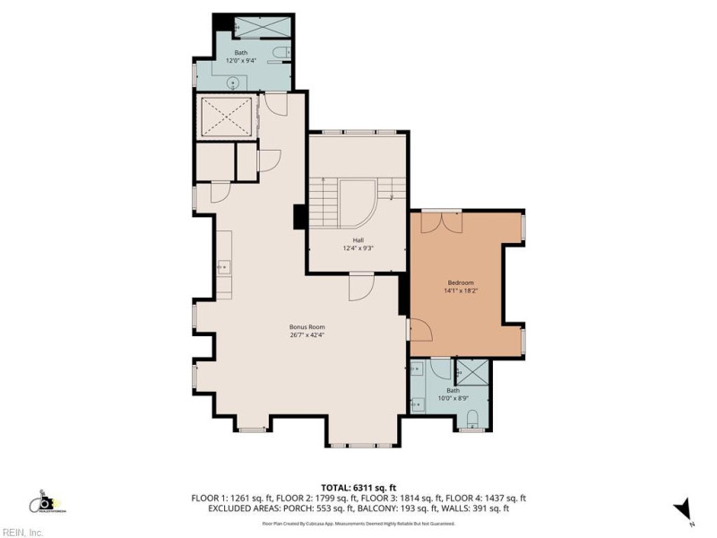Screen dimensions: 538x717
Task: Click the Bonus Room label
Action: [307, 327]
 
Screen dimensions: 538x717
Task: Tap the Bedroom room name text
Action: [460, 282]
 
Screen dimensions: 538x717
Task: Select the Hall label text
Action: [358, 240]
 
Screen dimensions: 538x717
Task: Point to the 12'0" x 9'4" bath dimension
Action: [241, 60]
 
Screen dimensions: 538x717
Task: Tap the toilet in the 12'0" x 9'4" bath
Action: [280, 52]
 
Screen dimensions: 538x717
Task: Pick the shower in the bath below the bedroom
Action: [473, 371]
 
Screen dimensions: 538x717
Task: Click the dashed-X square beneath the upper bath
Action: [223, 117]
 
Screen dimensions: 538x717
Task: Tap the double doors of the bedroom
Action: [441, 221]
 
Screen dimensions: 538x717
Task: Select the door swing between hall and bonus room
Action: [359, 289]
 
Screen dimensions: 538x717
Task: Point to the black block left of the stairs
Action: [299, 217]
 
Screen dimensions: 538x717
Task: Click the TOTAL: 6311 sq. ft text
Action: [359, 487]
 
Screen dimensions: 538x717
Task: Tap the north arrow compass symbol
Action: [683, 508]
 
